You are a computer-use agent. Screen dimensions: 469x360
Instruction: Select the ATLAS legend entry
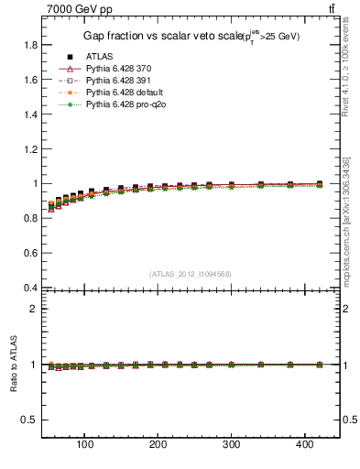[99, 57]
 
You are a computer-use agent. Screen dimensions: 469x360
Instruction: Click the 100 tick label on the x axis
[85, 445]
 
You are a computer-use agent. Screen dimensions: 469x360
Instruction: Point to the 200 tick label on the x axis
[158, 445]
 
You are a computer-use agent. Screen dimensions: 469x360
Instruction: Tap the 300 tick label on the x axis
[232, 445]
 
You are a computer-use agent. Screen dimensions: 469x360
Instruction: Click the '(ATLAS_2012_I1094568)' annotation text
[190, 274]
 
